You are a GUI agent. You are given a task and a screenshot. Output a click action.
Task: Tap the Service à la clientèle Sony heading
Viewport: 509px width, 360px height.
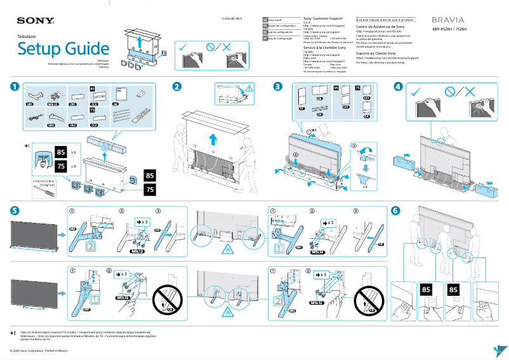click(x=325, y=48)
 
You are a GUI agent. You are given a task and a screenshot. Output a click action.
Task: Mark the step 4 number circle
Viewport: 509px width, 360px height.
click(x=398, y=86)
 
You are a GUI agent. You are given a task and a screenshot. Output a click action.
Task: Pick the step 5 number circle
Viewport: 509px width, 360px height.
click(x=14, y=211)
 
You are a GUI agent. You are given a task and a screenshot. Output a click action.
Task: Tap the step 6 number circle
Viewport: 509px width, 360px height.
click(x=395, y=211)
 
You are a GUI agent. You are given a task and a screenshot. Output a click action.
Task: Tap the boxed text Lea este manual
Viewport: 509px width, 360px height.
click(x=386, y=20)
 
